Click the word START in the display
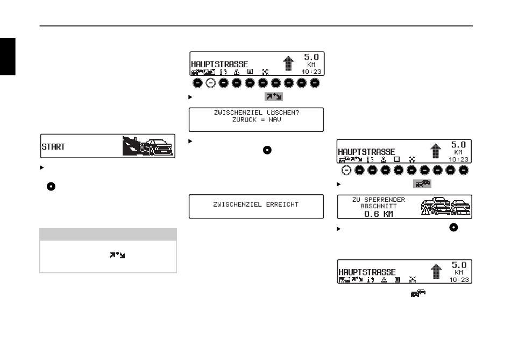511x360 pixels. (53, 146)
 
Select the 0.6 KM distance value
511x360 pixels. (379, 214)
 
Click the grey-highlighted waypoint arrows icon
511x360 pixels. (273, 96)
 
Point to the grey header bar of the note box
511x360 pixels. (108, 234)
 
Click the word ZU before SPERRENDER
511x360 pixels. (357, 200)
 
